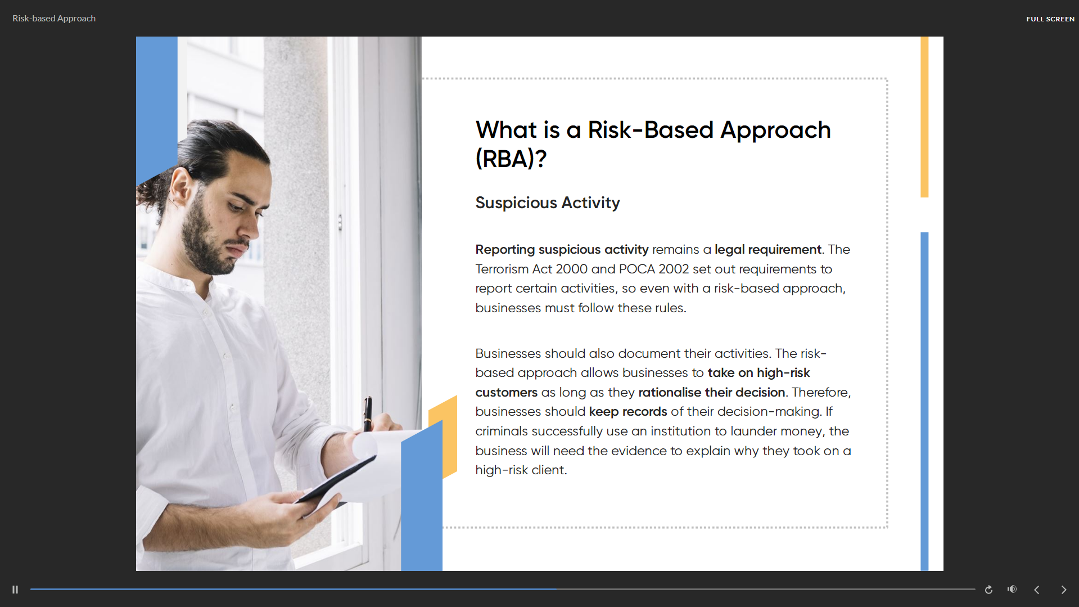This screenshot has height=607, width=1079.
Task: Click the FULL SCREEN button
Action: (1050, 19)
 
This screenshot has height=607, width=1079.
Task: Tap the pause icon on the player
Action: (15, 590)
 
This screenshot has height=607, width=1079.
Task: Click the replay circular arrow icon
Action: (988, 590)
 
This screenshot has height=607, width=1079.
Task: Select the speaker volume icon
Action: (1012, 589)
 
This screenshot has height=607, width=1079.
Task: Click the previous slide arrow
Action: (1037, 590)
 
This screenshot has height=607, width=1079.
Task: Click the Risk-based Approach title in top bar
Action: (54, 19)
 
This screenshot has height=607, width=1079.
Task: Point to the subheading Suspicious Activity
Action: (548, 203)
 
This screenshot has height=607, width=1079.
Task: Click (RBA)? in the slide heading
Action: (511, 159)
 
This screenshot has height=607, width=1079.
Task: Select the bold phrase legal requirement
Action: (768, 249)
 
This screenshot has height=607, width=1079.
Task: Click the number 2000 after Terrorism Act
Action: (571, 269)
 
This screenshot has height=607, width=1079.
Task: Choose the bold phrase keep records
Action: (628, 411)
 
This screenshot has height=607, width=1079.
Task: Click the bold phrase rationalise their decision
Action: (712, 392)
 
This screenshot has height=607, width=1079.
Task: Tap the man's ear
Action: (180, 187)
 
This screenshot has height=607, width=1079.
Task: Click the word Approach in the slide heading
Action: (775, 131)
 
